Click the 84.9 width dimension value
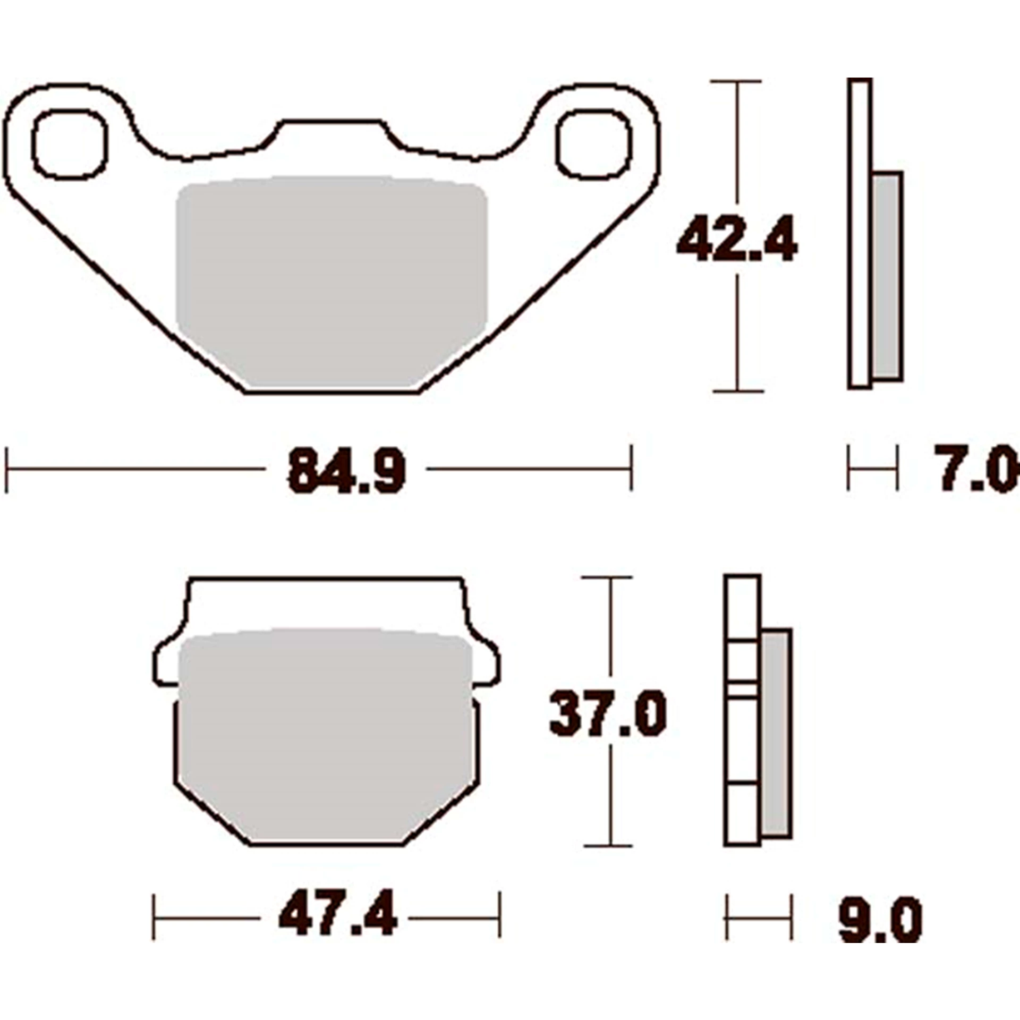pyautogui.click(x=346, y=471)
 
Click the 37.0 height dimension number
pyautogui.click(x=607, y=714)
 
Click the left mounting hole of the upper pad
pyautogui.click(x=70, y=144)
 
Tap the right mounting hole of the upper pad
pyautogui.click(x=594, y=144)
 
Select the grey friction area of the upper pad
pyautogui.click(x=331, y=282)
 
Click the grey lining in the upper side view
pyautogui.click(x=887, y=276)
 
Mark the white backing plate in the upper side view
pyautogui.click(x=860, y=234)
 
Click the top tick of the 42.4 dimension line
pyautogui.click(x=736, y=82)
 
